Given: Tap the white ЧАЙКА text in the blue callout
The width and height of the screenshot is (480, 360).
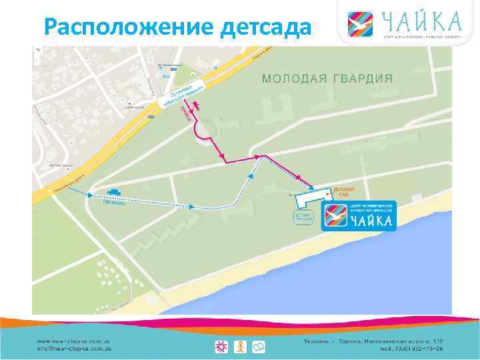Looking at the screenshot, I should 372,220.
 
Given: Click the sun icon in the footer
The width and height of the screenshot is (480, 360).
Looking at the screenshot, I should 221,347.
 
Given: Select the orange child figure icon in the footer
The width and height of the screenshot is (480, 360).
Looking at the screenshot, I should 240,347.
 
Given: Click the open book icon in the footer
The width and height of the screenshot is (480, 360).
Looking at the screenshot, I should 259,347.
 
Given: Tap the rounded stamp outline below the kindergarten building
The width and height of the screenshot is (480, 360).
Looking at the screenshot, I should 303,217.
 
